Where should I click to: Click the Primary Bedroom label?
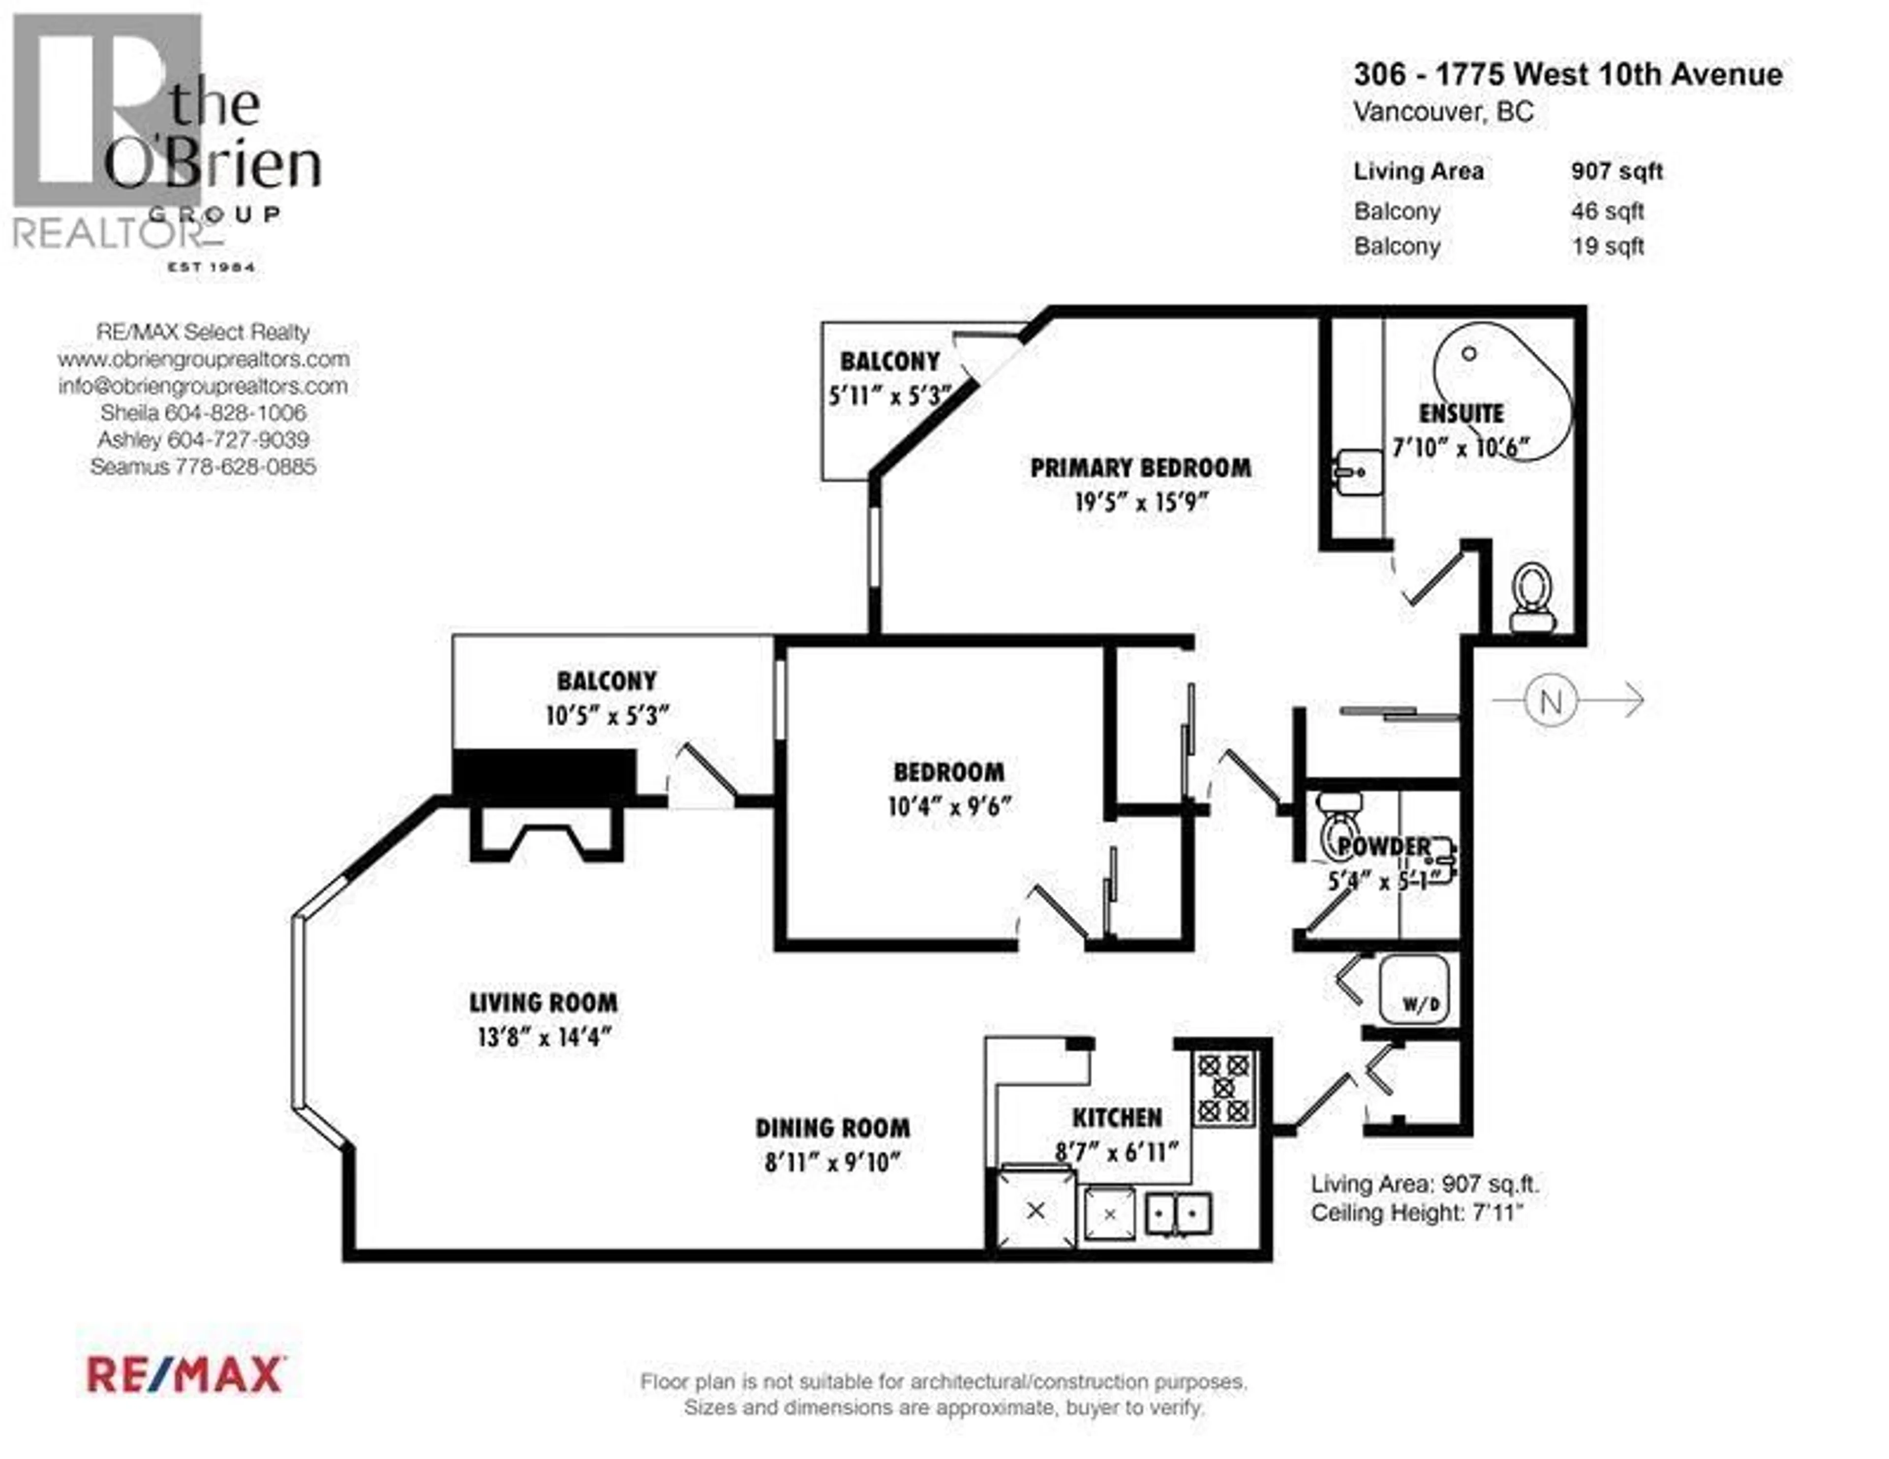[1140, 468]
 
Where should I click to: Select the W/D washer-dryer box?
[1413, 989]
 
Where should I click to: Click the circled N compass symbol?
[1551, 700]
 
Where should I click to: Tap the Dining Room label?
[832, 1128]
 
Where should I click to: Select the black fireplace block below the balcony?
[545, 773]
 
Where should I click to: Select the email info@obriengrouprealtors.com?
[203, 386]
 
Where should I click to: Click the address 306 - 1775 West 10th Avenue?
[1567, 74]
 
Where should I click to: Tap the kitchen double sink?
[1178, 1214]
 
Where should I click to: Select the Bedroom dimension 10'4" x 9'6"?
[949, 806]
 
